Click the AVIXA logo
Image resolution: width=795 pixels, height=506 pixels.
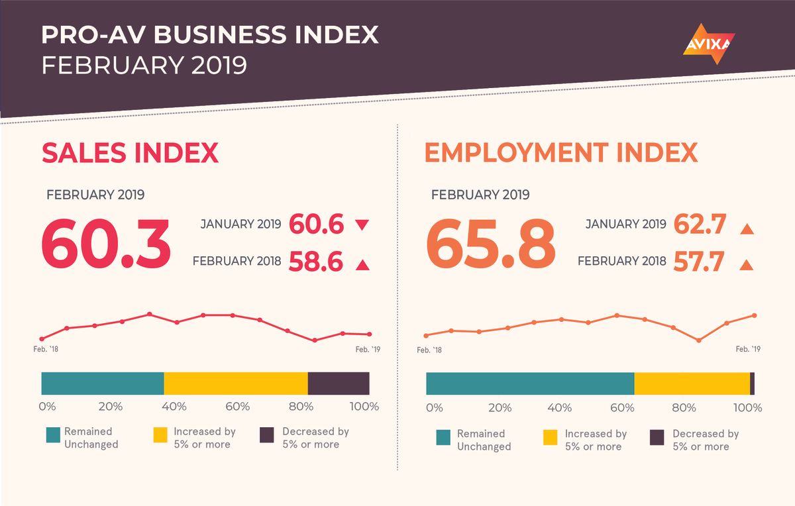tap(708, 44)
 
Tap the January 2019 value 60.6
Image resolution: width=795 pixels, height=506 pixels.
tap(316, 225)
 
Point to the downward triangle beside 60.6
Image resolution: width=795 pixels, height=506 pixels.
tap(362, 225)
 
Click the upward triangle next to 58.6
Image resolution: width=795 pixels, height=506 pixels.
tap(362, 265)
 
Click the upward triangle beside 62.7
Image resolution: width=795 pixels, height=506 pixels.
tap(747, 229)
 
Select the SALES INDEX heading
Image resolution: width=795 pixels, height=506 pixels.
tap(130, 153)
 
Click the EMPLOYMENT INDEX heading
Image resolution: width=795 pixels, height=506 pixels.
tap(560, 153)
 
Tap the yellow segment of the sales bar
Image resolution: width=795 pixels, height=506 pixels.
tap(236, 383)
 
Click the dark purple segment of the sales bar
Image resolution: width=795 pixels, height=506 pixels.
tap(339, 383)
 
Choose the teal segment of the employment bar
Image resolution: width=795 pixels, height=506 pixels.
tap(530, 383)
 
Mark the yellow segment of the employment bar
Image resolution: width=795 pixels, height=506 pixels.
tap(692, 383)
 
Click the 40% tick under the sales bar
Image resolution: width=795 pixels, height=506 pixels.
tap(174, 406)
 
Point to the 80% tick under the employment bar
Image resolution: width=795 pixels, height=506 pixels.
tap(683, 407)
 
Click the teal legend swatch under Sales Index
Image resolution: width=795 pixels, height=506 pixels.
tap(54, 435)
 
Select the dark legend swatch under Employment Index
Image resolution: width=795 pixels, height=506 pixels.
tap(657, 437)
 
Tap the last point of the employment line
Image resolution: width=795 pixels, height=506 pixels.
tap(754, 316)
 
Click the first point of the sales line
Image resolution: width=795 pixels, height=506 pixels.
tap(42, 339)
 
